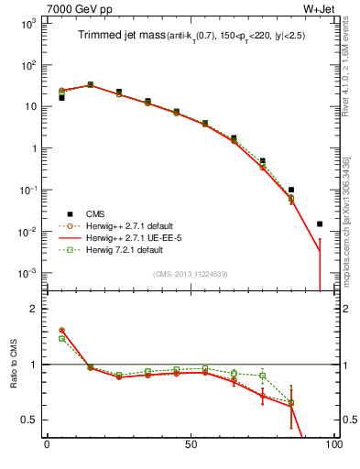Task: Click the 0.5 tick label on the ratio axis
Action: (x=30, y=420)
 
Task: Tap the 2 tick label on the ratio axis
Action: (x=35, y=309)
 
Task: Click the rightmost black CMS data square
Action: (x=320, y=224)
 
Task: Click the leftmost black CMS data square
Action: (x=61, y=97)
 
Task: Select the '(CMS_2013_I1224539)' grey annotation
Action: (x=190, y=273)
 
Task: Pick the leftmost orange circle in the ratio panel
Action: (x=61, y=330)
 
